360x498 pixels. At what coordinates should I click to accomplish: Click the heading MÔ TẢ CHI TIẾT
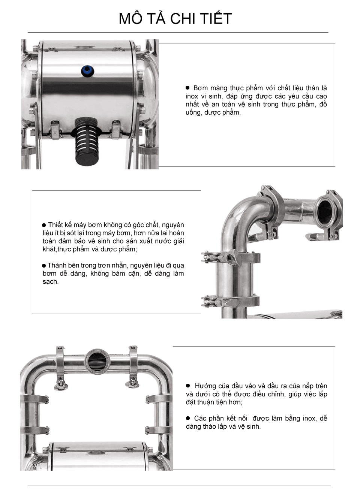point(175,19)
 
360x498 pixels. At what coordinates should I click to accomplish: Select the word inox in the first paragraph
point(192,96)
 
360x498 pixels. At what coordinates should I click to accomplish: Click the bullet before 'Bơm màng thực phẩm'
point(187,88)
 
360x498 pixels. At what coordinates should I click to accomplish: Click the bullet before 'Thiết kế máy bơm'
point(44,225)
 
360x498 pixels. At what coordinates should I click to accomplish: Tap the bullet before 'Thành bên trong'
point(44,266)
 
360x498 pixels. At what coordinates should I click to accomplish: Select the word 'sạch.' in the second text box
point(51,282)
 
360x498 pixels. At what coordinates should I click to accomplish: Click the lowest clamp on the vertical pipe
point(229,301)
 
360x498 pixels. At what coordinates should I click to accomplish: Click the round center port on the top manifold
point(97,360)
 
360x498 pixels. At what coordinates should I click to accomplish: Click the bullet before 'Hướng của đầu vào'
point(188,386)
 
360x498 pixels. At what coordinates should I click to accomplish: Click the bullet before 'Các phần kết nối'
point(188,418)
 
